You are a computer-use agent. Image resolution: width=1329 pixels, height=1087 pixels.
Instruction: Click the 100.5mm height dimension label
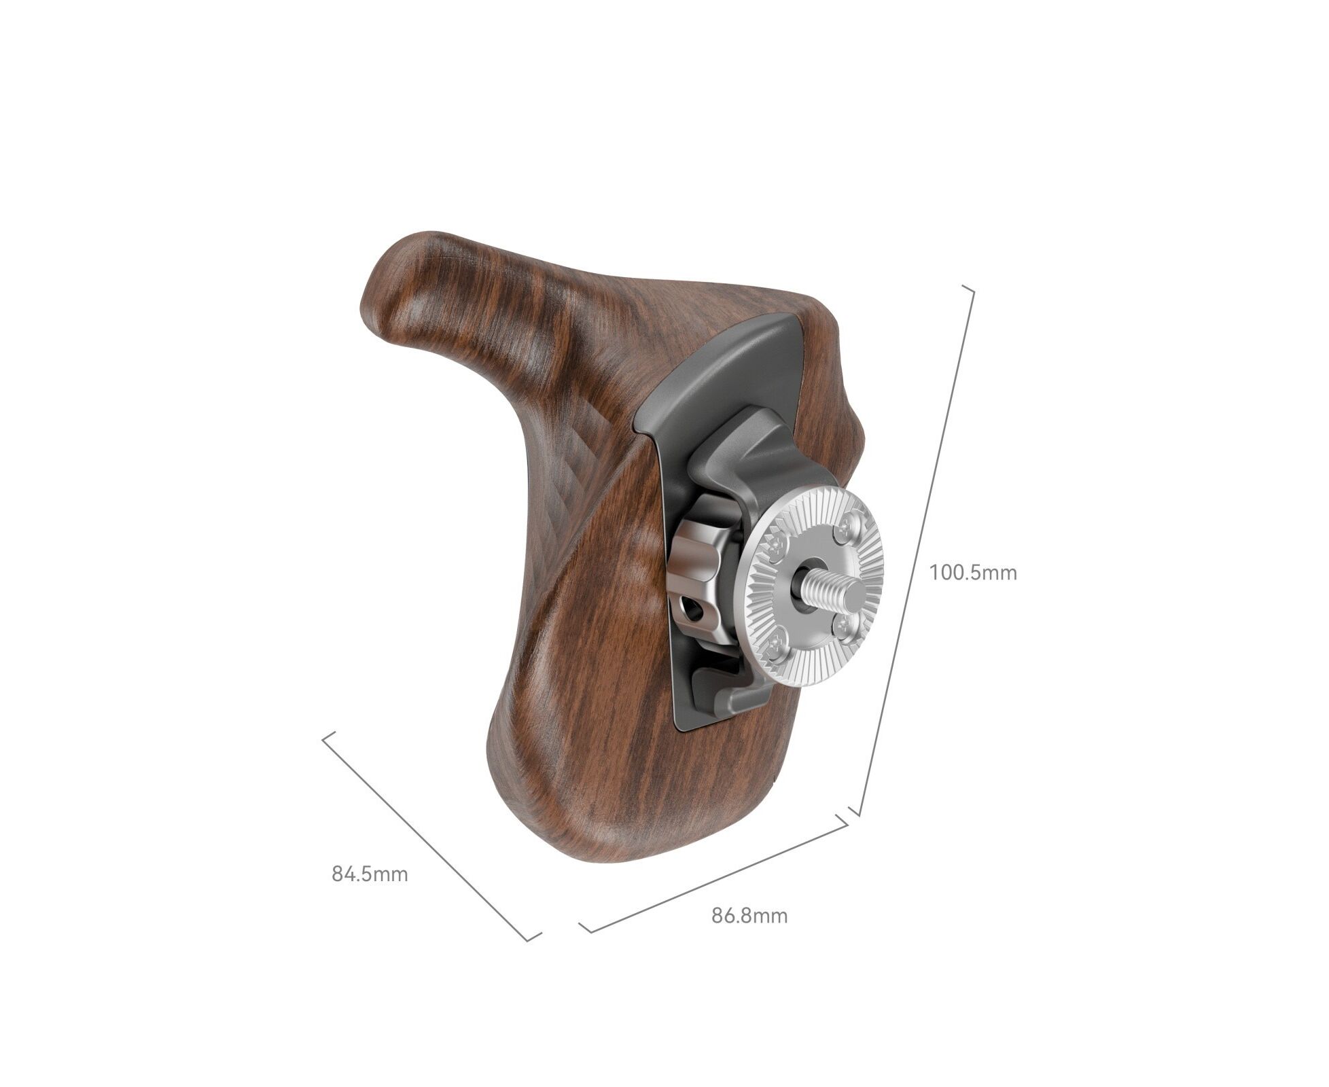(x=973, y=573)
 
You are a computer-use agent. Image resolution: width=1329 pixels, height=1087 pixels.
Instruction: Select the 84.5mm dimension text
(x=370, y=874)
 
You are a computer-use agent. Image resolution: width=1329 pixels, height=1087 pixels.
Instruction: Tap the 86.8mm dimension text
(x=749, y=916)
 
